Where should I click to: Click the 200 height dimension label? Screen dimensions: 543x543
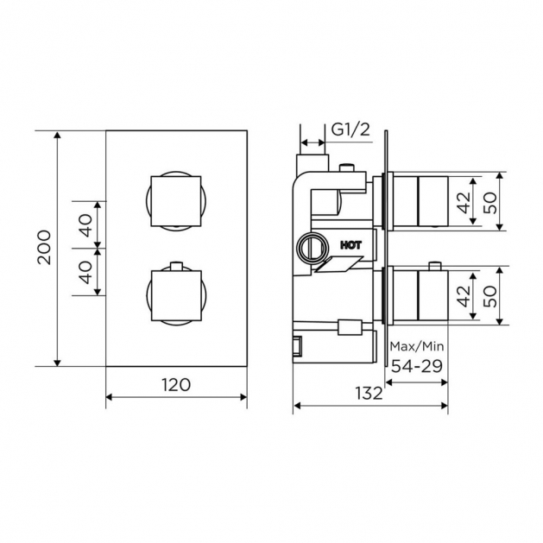(x=44, y=247)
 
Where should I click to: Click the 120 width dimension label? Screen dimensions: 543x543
(x=176, y=385)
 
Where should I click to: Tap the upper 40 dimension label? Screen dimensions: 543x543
(x=85, y=225)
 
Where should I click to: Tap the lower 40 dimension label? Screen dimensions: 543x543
(x=85, y=272)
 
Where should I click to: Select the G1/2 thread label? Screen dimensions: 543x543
(x=350, y=129)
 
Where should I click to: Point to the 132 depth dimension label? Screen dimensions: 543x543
(x=369, y=394)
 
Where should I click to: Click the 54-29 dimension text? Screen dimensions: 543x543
(x=417, y=366)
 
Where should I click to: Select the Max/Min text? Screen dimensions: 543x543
(x=417, y=346)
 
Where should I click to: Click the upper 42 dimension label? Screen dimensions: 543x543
(x=464, y=202)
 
